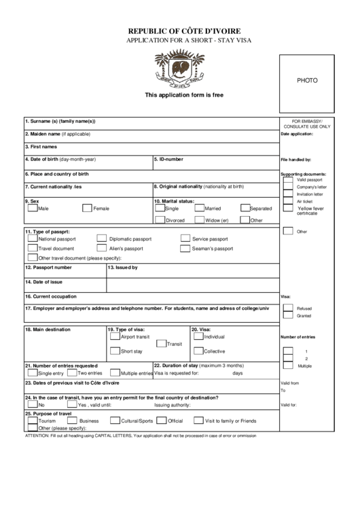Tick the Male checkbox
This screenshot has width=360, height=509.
point(32,209)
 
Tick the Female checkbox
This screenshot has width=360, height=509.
point(87,209)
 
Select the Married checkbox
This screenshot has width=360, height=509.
point(200,209)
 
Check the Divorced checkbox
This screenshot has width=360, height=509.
point(160,220)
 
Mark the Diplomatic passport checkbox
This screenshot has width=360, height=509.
point(101,239)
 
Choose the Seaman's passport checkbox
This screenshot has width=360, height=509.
point(185,249)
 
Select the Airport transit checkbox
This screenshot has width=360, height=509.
point(114,336)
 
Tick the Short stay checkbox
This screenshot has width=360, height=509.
point(114,351)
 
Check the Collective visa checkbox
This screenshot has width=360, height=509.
point(198,351)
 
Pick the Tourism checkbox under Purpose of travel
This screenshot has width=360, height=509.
point(32,421)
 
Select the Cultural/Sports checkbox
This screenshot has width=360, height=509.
point(115,421)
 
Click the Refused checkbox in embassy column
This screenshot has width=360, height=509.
point(288,308)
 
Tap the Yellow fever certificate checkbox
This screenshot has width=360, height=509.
point(288,209)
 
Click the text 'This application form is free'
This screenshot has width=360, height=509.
point(183,95)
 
